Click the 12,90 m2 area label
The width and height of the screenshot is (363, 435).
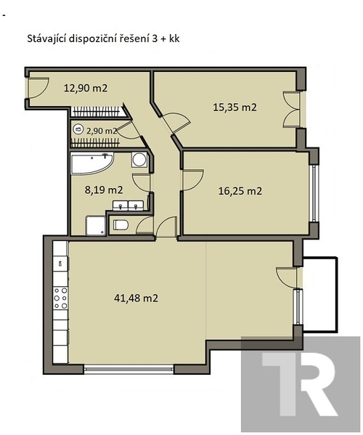click(85, 89)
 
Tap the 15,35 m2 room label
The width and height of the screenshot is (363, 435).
click(234, 107)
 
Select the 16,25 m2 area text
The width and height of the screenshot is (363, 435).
click(240, 192)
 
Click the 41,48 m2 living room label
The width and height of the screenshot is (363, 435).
click(136, 298)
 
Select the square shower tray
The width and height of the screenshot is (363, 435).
click(94, 226)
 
